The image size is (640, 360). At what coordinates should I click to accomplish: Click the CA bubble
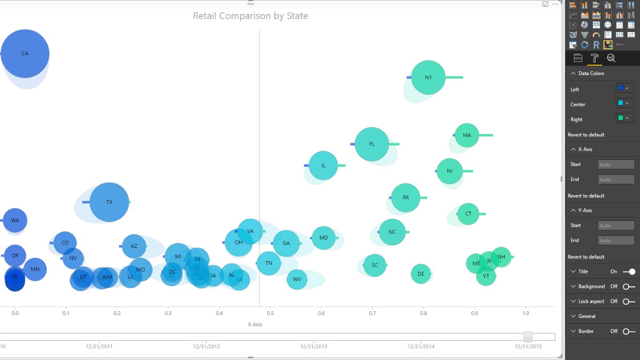25,53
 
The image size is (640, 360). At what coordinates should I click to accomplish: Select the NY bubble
428,77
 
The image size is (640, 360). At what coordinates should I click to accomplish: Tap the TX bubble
109,202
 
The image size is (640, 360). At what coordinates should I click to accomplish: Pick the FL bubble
372,144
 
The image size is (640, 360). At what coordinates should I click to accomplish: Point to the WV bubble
297,279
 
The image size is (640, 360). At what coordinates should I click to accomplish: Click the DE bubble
421,274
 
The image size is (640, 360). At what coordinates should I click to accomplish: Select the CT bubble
468,214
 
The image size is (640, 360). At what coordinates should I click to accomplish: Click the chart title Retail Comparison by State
250,16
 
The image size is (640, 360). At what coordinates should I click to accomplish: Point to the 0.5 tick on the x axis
270,313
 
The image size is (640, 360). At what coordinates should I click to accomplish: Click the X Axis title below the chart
255,324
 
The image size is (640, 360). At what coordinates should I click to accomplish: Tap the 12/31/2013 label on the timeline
314,346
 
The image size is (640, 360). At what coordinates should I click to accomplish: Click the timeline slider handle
528,337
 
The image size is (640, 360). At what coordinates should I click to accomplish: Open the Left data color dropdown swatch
624,88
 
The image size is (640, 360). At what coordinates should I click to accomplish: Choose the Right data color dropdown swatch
624,118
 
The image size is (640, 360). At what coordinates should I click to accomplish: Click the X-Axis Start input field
616,165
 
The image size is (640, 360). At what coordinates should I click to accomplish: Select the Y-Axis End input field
616,240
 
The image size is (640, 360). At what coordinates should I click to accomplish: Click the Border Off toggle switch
629,331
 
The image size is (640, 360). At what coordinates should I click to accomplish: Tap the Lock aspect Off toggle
629,301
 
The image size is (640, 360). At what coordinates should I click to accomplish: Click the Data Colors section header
591,73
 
